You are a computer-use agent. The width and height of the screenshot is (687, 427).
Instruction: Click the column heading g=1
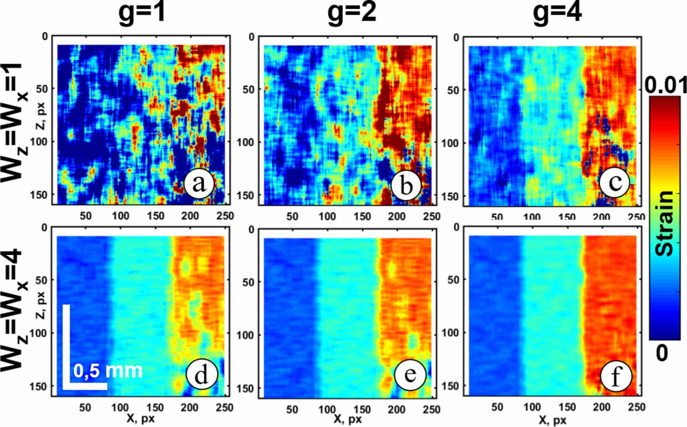pyautogui.click(x=142, y=13)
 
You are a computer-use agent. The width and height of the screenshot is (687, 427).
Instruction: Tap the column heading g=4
pyautogui.click(x=557, y=13)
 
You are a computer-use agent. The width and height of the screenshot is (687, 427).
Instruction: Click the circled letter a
pyautogui.click(x=199, y=185)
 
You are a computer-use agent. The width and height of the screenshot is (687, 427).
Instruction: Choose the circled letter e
pyautogui.click(x=410, y=374)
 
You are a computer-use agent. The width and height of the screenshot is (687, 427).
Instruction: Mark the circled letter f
pyautogui.click(x=616, y=376)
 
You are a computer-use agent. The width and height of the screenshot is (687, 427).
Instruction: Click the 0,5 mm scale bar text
pyautogui.click(x=108, y=371)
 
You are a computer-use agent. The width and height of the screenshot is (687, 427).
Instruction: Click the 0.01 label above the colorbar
pyautogui.click(x=666, y=85)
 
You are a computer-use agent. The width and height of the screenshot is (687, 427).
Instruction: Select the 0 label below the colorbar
pyautogui.click(x=662, y=353)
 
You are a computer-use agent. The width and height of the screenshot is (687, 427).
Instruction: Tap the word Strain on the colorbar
pyautogui.click(x=665, y=223)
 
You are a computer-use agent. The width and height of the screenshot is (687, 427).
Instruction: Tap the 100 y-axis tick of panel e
pyautogui.click(x=245, y=335)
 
